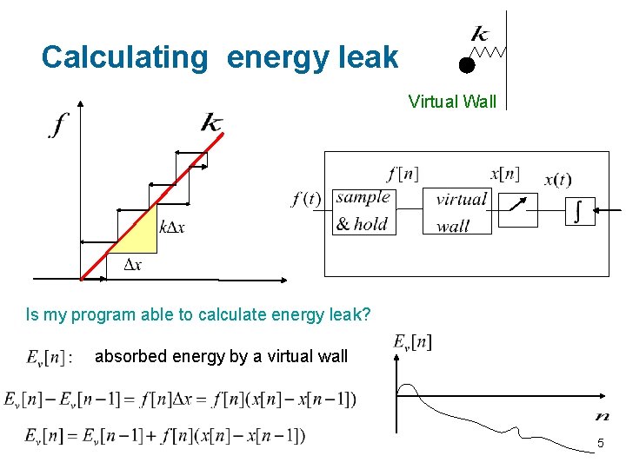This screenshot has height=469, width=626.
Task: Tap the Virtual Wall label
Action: pos(452,102)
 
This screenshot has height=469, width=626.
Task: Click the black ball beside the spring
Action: pos(467,64)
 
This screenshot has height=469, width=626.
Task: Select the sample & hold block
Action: pos(362,211)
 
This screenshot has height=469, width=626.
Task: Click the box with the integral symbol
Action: pos(580,210)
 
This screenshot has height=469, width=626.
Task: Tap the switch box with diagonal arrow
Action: pos(518,209)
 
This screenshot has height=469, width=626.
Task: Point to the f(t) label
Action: pos(306,200)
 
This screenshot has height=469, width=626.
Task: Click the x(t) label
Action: pos(557,181)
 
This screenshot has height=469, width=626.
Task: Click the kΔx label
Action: pos(172,228)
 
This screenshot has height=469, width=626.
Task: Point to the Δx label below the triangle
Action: pos(133,265)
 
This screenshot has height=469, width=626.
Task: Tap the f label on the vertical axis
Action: pos(57,127)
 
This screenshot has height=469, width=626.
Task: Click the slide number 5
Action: pos(600,445)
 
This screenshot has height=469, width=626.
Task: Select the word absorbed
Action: pos(128,356)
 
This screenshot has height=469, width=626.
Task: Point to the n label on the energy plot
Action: pos(602,416)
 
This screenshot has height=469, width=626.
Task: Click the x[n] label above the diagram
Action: pos(504,174)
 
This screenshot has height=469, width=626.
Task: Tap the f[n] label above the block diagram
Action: pos(403,174)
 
